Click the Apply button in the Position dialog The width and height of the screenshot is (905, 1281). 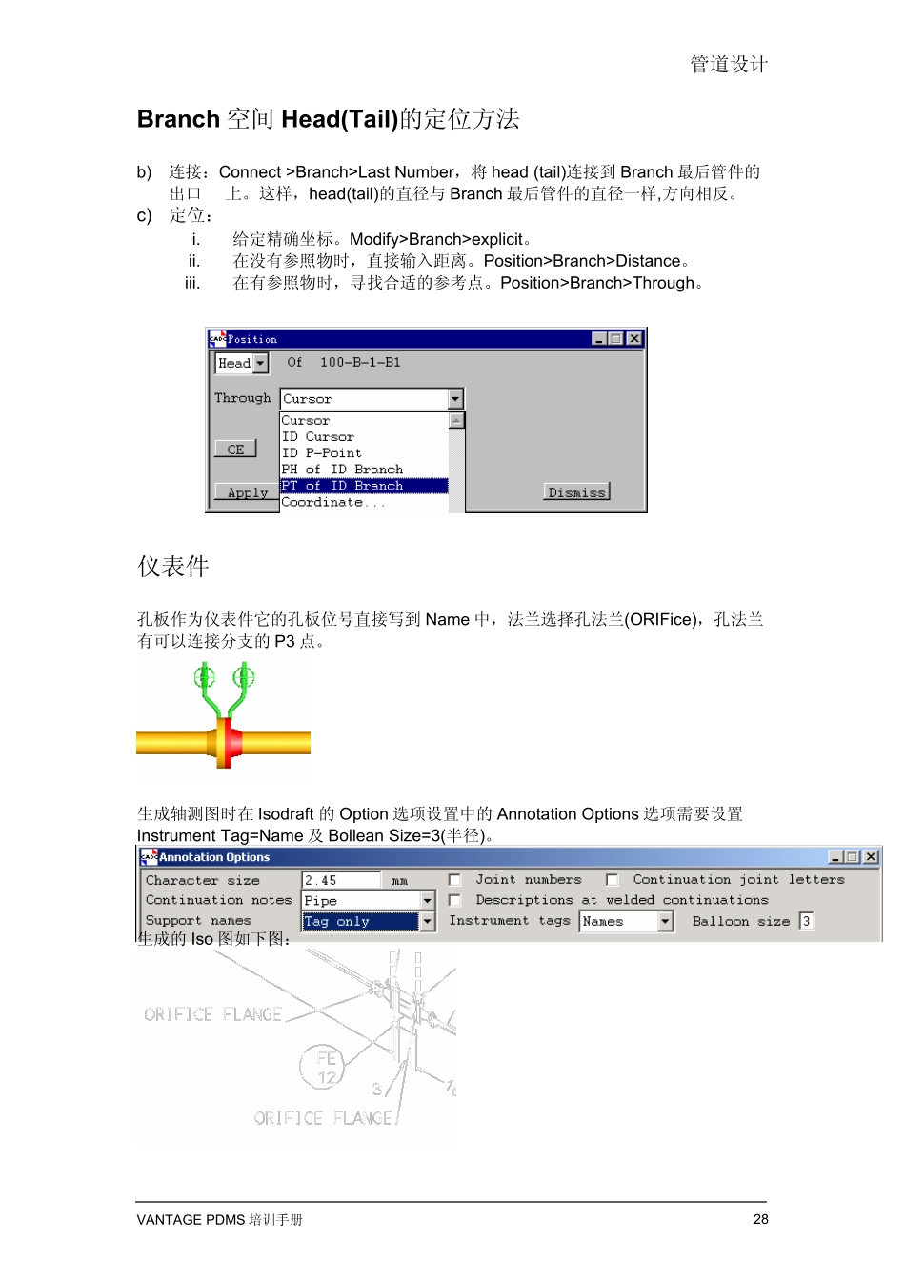[246, 492]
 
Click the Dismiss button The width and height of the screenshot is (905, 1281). [576, 491]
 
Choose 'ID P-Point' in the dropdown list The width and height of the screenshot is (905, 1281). [321, 453]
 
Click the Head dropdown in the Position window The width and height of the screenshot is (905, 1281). [241, 363]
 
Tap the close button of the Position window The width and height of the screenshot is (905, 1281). [634, 338]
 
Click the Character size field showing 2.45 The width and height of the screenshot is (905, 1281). [340, 881]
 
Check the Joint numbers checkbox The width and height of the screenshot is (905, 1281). [454, 880]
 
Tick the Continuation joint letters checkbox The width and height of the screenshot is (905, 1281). [612, 880]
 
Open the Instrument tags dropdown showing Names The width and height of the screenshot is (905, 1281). [626, 921]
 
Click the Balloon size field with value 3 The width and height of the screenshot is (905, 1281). [806, 921]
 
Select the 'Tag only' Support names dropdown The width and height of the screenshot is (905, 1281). [368, 921]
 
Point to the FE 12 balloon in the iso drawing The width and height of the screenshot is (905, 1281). [326, 1068]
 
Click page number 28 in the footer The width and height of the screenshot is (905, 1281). [760, 1219]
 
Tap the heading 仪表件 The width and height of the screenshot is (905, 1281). [173, 567]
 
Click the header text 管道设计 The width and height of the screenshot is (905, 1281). [729, 64]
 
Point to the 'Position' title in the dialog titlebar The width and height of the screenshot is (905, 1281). [252, 339]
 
